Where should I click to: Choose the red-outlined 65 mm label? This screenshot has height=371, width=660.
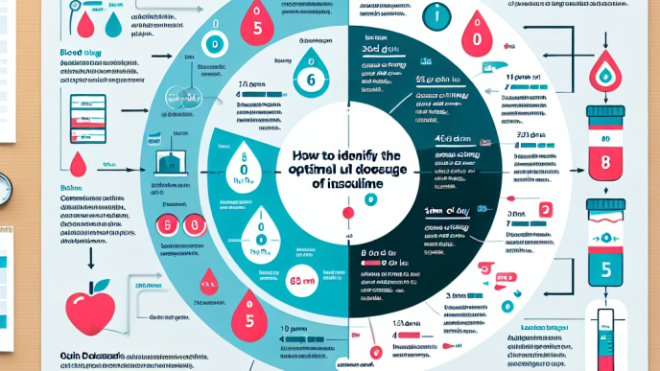(x=301, y=282)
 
